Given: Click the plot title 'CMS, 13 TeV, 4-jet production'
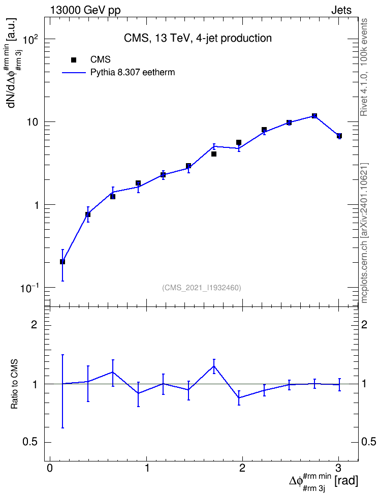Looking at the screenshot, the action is coord(198,38).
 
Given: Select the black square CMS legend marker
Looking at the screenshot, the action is coord(74,60).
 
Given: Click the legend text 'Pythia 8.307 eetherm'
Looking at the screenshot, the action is coord(133,73).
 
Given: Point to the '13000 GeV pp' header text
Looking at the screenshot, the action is coord(85,10).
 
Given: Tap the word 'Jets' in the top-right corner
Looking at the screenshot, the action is coord(341,10).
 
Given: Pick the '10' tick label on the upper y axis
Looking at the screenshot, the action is coord(33,122).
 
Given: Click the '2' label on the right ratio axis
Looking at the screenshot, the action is coord(364,324).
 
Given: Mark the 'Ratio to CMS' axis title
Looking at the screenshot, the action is coord(15,384).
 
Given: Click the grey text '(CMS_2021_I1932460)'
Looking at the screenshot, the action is coord(202,288).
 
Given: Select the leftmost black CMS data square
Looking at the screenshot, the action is coord(62,262).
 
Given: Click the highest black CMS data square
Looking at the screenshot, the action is coord(314,116).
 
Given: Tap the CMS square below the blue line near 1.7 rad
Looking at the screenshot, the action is coord(213,154).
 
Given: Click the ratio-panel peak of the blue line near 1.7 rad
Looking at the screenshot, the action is coord(214,366).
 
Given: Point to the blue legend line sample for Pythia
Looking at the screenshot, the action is coord(74,73).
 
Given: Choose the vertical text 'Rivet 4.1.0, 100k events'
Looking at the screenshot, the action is coord(364,67).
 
